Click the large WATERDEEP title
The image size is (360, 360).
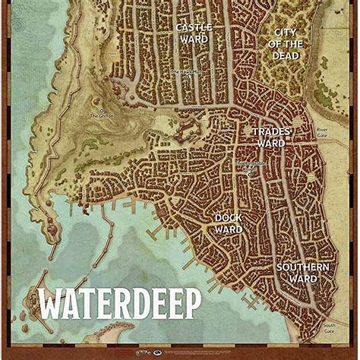[119, 304]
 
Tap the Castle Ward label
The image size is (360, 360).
[194, 33]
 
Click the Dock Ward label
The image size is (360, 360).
[228, 223]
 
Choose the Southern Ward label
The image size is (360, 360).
[302, 273]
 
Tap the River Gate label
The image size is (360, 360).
[322, 134]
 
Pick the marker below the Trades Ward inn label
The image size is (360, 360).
[249, 174]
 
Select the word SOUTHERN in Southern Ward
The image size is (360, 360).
[302, 267]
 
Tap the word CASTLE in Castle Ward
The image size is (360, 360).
[194, 28]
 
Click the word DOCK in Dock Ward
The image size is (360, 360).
[228, 217]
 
